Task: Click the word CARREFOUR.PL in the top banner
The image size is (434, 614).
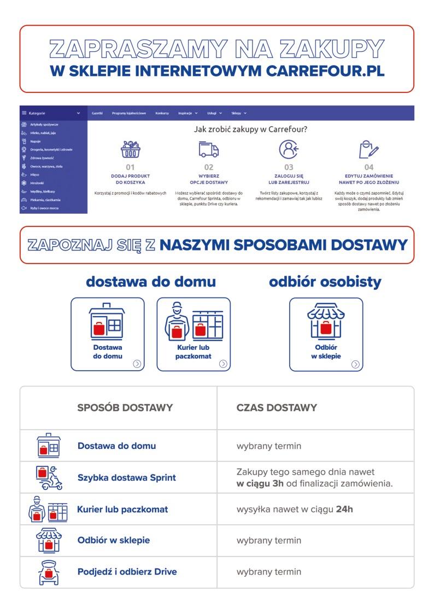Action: (x=326, y=71)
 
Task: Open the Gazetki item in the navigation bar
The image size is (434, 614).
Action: (x=97, y=113)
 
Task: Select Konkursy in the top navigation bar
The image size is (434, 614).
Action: (x=162, y=113)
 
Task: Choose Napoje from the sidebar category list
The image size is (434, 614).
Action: (x=36, y=141)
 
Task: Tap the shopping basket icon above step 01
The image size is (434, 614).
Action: (x=130, y=149)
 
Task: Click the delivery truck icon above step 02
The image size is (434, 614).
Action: (x=209, y=149)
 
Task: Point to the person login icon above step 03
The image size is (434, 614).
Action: (x=289, y=149)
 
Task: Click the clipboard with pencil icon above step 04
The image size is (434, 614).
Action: (x=368, y=149)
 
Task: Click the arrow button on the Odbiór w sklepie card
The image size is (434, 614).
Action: (x=355, y=364)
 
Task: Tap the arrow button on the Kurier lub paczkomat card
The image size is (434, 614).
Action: (x=223, y=364)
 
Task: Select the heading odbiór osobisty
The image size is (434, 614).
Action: (x=325, y=282)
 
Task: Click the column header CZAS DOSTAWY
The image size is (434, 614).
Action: (x=277, y=407)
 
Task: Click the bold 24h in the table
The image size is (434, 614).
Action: (x=344, y=509)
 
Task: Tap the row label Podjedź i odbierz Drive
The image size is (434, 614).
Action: (x=127, y=572)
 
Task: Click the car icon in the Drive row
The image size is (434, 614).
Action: (x=48, y=572)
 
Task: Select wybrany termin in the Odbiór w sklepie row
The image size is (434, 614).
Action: (x=268, y=540)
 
